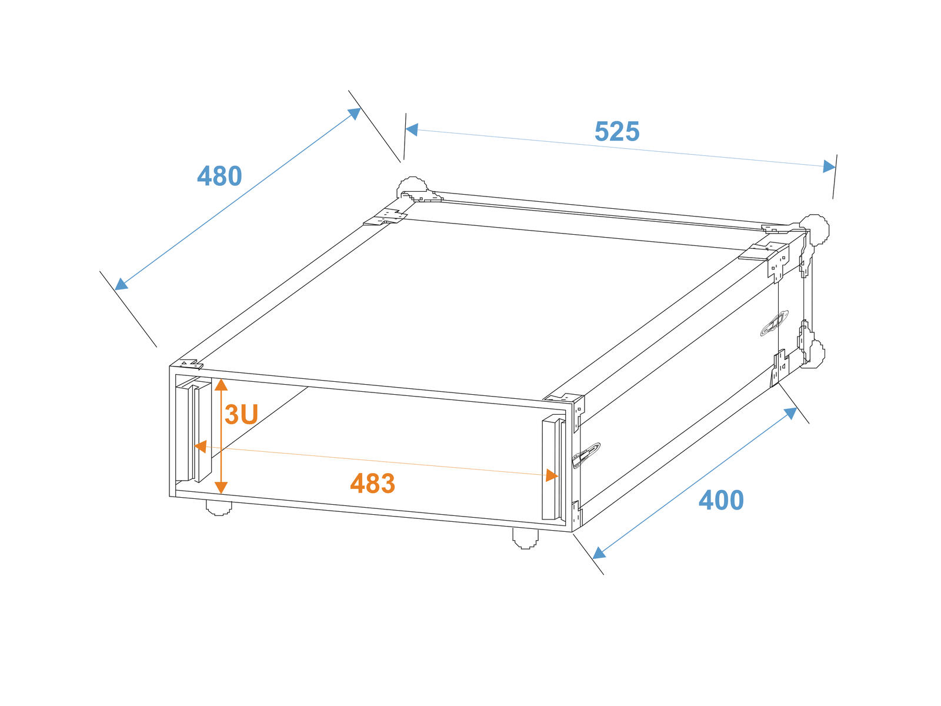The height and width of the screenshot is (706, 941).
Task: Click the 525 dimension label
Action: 616,131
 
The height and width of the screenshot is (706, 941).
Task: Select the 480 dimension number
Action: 219,176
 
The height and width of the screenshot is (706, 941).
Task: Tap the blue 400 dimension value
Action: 721,500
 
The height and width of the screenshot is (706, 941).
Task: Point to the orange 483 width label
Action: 372,483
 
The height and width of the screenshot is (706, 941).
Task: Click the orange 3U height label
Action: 241,414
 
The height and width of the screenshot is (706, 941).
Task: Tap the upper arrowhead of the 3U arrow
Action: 221,385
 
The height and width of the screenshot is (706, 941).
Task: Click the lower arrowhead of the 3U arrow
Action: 221,487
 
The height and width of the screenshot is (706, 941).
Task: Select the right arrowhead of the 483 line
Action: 552,475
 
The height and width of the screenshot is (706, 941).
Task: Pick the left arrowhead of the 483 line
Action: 201,446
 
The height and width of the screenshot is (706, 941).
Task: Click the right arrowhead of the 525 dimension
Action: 829,166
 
